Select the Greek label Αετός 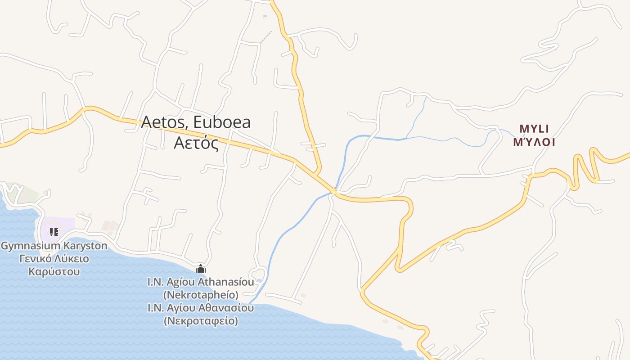196,143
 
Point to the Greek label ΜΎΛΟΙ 534,142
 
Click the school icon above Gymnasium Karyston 54,232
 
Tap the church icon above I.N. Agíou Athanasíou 201,269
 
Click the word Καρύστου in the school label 54,271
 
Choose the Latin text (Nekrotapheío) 201,295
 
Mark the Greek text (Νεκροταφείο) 201,321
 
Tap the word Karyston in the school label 88,246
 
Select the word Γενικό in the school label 33,259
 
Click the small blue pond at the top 265,17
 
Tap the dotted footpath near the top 266,37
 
